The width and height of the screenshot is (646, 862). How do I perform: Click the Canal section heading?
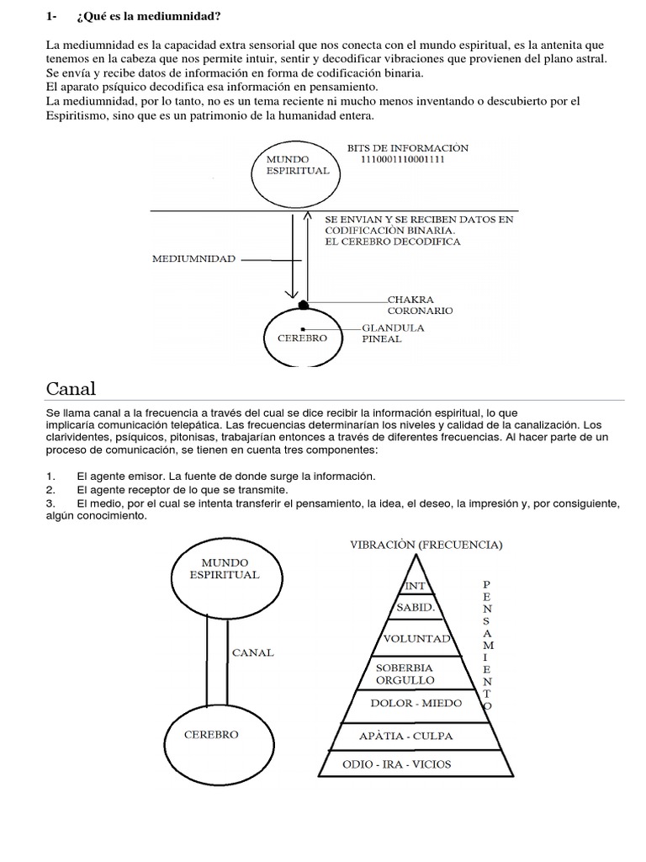[x=71, y=388]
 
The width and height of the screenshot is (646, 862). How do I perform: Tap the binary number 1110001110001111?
[x=401, y=159]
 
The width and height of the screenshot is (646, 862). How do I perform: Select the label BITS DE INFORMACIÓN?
[x=407, y=147]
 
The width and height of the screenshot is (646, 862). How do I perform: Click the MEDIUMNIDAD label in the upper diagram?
[x=193, y=260]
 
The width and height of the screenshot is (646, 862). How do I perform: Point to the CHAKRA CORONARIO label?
[x=420, y=304]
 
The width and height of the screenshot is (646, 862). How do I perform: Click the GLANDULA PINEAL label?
[x=393, y=333]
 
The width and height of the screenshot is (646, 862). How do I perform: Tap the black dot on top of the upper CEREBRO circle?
[x=303, y=304]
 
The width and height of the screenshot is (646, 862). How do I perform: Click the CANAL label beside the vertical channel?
[x=252, y=653]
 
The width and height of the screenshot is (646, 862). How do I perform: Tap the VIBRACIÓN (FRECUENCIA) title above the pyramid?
[x=426, y=545]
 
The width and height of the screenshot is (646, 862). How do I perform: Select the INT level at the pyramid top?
[x=415, y=586]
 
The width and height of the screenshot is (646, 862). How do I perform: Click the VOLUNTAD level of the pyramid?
[x=416, y=639]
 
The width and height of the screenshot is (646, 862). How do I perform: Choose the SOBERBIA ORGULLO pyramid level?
[x=405, y=673]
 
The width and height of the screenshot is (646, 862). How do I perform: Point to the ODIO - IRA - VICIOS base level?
[x=410, y=764]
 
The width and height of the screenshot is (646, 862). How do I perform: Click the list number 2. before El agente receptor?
[x=50, y=489]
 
